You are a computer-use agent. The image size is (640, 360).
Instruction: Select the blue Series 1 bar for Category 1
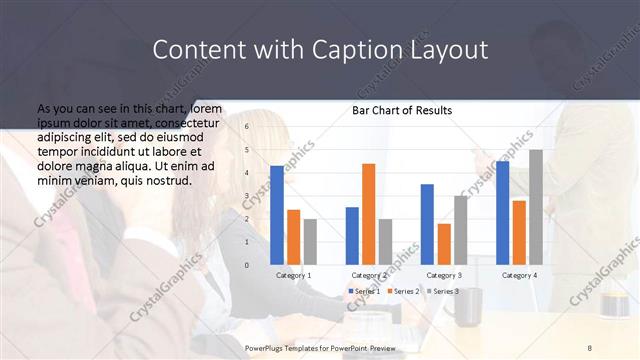click(277, 215)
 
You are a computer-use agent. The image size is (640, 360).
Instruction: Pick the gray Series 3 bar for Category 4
click(536, 207)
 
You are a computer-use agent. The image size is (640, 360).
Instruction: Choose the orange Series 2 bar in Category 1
click(293, 237)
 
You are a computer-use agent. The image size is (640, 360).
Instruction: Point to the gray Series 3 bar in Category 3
click(460, 230)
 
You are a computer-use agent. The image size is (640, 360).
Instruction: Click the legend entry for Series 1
click(363, 291)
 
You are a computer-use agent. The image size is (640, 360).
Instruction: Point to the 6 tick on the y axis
click(246, 127)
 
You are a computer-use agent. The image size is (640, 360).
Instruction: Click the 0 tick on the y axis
click(246, 265)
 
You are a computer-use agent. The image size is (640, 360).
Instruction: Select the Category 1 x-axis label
click(293, 275)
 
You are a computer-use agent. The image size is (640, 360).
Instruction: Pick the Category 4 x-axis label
click(519, 275)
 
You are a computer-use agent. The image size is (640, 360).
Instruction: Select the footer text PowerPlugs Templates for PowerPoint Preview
click(320, 347)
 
